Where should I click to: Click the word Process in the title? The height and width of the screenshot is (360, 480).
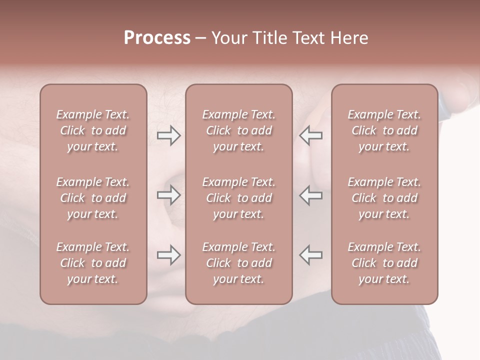[x=157, y=38]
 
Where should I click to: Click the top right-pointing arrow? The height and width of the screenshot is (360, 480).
[x=168, y=135]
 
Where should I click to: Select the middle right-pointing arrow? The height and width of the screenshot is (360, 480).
[x=168, y=195]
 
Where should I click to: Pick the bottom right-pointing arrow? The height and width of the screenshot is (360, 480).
[x=168, y=255]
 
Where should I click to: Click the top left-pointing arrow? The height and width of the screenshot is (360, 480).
[x=310, y=135]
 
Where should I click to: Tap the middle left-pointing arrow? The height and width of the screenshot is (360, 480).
[x=310, y=195]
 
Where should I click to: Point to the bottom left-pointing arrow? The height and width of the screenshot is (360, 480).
[x=310, y=255]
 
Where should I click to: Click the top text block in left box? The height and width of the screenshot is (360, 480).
[x=93, y=130]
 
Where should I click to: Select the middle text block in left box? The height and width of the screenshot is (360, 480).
[x=93, y=198]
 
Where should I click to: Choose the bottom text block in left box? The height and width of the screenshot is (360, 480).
[x=93, y=263]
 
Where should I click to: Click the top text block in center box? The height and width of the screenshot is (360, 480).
[x=238, y=130]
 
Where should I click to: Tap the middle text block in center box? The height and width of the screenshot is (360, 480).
[x=238, y=198]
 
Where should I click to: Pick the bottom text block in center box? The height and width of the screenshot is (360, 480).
[x=238, y=263]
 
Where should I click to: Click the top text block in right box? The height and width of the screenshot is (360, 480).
[x=384, y=130]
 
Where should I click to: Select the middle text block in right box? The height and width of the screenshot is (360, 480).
[x=384, y=198]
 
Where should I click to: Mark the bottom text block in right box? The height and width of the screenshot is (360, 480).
[x=384, y=263]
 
